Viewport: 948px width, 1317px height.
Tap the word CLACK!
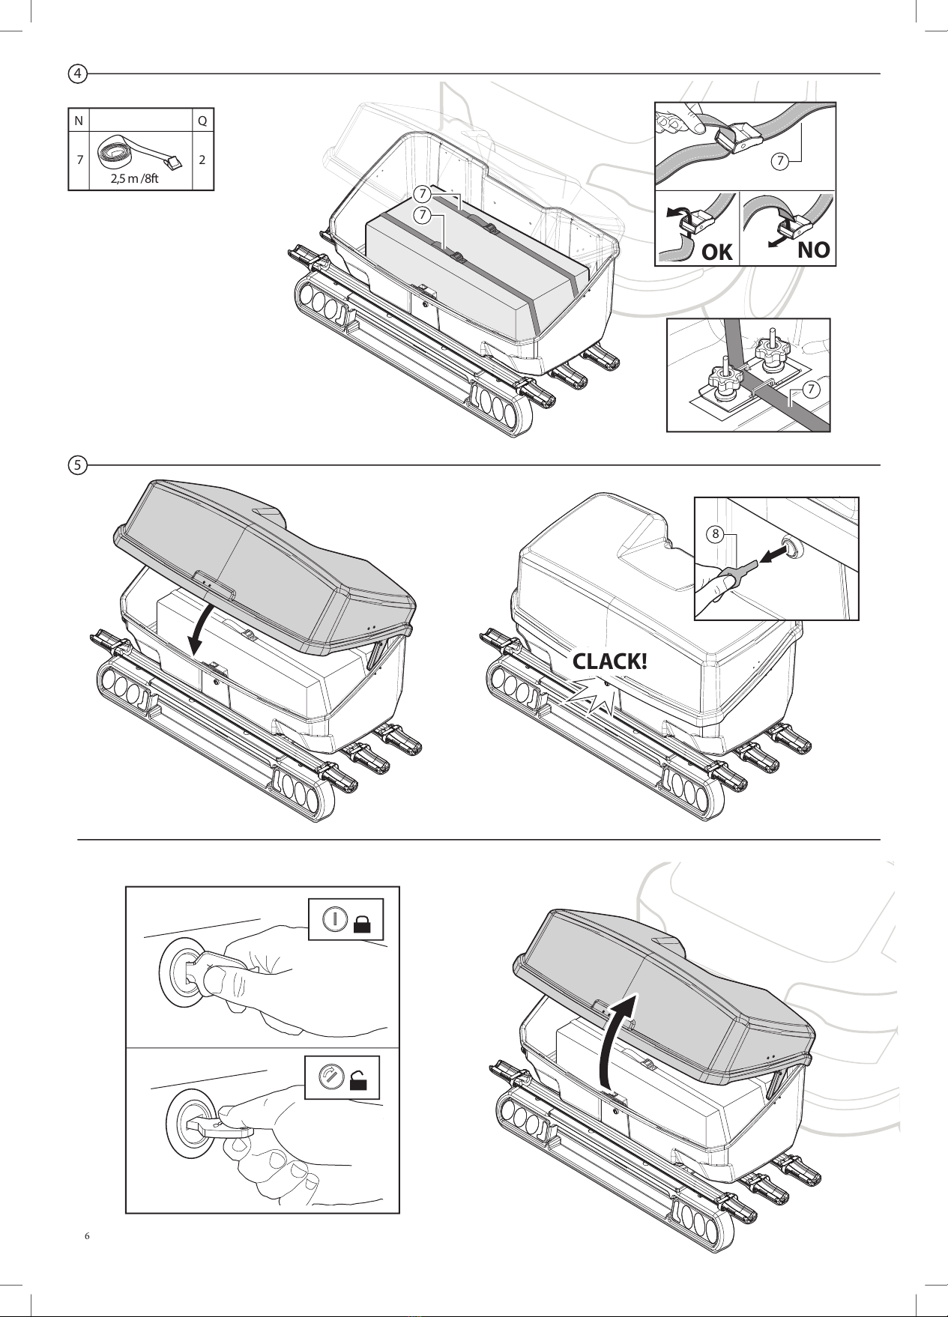coord(609,661)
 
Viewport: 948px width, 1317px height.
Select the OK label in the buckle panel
coord(717,252)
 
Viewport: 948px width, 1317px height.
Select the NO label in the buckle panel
coord(813,249)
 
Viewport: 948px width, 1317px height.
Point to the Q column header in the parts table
coord(202,121)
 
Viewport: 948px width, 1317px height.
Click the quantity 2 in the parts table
coord(202,160)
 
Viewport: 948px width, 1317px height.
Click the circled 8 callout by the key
coord(716,534)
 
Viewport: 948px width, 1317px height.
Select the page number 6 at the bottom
coord(87,1236)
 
